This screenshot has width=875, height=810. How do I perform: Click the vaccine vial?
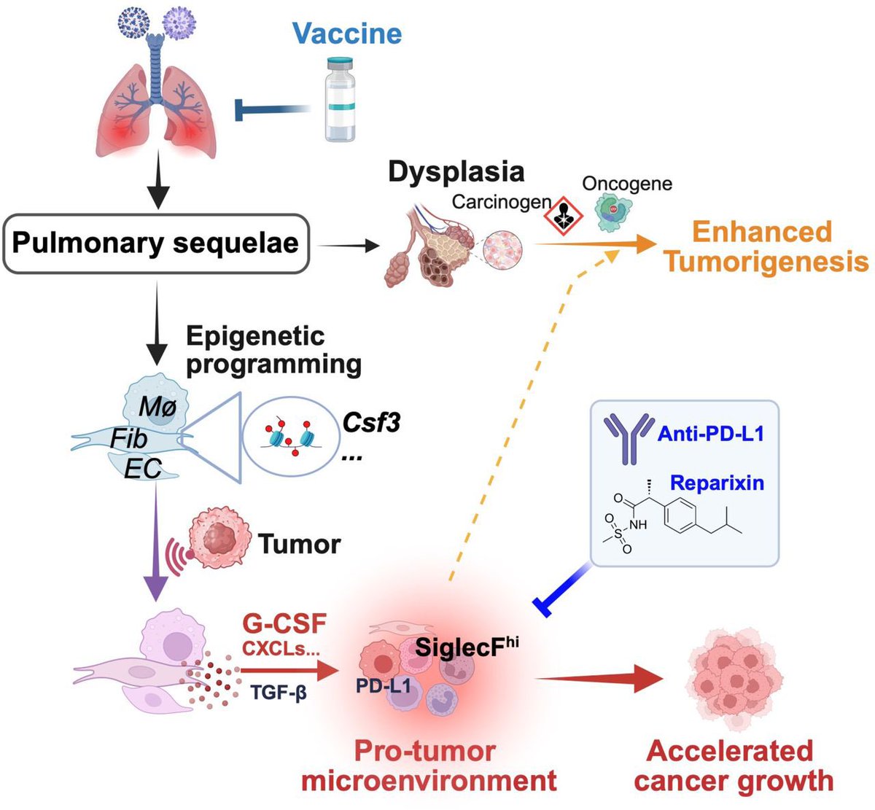(x=340, y=101)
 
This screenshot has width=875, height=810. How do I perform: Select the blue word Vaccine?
(x=347, y=34)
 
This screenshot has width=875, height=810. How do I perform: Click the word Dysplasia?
(x=456, y=171)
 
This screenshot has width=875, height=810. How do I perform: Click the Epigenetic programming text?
(x=273, y=349)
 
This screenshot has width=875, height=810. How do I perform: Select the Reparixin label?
(x=717, y=482)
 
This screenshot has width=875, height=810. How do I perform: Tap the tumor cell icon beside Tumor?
(x=218, y=539)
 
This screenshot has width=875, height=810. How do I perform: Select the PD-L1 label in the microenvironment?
(x=384, y=685)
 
